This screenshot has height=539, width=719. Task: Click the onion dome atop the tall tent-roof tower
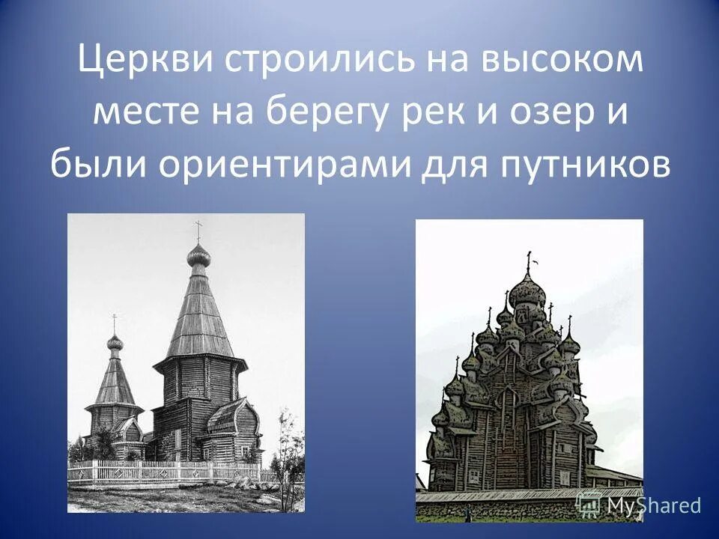coord(198,256)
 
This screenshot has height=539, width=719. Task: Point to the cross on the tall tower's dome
coord(198,229)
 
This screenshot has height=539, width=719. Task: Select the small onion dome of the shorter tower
coord(115,342)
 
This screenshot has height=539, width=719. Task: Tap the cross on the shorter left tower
coord(115,322)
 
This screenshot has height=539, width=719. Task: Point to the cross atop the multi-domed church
coord(529,261)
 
